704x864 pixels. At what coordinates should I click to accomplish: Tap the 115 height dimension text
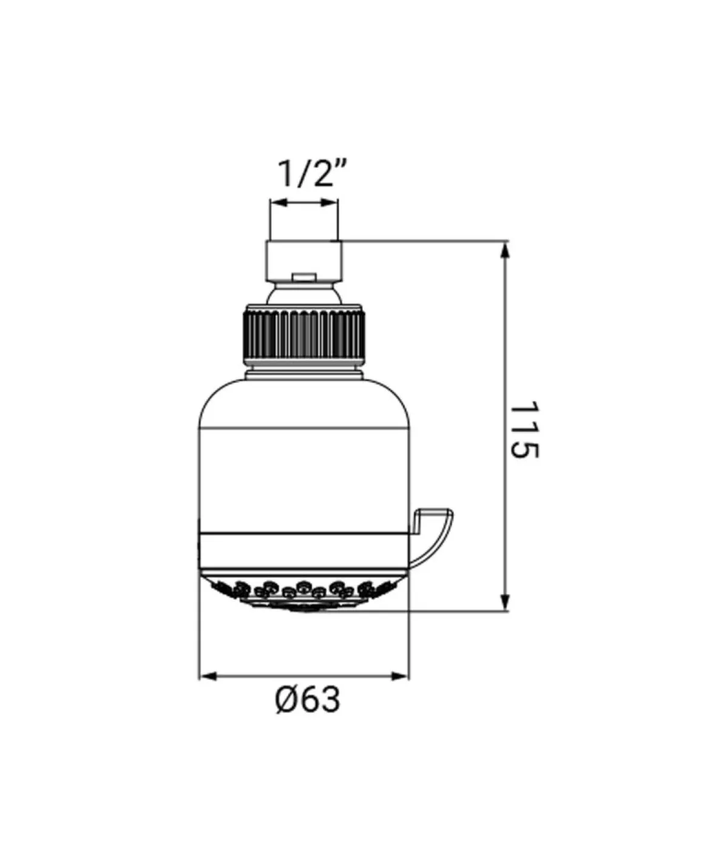(524, 430)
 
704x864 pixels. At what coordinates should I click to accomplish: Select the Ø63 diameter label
(307, 699)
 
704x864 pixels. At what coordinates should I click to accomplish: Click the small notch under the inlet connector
(303, 277)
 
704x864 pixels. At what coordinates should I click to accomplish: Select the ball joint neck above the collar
(303, 294)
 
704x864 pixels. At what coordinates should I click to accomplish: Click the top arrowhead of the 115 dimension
(505, 249)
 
